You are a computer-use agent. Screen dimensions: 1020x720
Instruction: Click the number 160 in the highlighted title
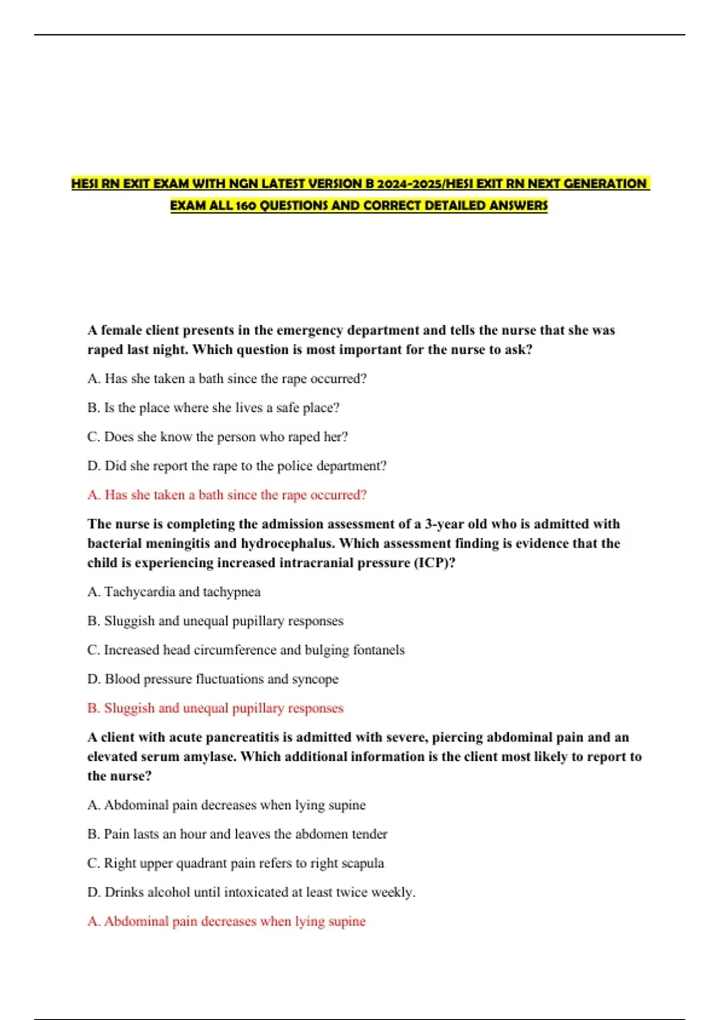(246, 206)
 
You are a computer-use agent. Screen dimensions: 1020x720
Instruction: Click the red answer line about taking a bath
(227, 495)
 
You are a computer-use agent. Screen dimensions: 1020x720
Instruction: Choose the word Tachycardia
(139, 592)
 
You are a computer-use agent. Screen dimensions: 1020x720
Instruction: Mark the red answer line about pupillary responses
(215, 709)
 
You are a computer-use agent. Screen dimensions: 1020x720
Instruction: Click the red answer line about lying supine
(226, 922)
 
